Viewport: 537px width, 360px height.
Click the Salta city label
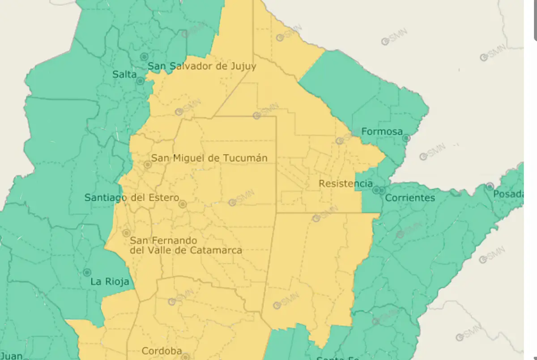(x=124, y=75)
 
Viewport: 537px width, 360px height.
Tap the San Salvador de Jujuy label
(x=202, y=66)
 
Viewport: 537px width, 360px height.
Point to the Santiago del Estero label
(x=132, y=197)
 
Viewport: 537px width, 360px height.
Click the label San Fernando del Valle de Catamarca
(x=186, y=245)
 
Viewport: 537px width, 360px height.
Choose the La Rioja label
(x=110, y=282)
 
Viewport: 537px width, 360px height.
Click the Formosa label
(x=382, y=132)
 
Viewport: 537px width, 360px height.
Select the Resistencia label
(x=345, y=184)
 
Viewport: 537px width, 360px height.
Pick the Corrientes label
(x=410, y=198)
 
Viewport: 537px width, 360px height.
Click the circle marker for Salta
(x=140, y=81)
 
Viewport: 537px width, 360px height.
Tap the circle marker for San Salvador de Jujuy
(x=144, y=57)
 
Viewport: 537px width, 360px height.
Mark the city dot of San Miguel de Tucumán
(x=148, y=165)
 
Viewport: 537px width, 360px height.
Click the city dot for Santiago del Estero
(x=183, y=204)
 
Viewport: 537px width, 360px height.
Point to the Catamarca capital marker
(x=127, y=233)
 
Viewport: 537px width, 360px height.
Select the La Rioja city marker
(x=87, y=272)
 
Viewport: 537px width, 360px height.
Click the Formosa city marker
(x=406, y=138)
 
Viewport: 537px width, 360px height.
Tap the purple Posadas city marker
(x=490, y=186)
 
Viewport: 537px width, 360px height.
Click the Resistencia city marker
(x=376, y=190)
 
